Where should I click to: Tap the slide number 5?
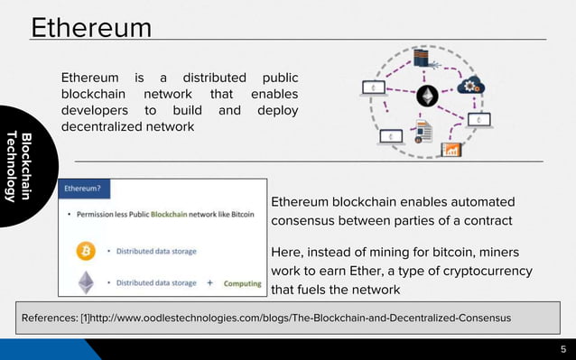coord(562,350)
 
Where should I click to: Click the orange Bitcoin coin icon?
coord(88,248)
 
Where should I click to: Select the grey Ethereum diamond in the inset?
coord(87,282)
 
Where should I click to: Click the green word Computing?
coord(243,283)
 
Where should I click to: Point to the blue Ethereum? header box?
coord(81,189)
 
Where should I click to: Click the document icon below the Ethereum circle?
coord(423,132)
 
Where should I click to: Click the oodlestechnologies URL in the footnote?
coord(299,318)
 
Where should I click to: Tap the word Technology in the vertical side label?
coord(12,166)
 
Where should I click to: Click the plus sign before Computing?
coord(209,282)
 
